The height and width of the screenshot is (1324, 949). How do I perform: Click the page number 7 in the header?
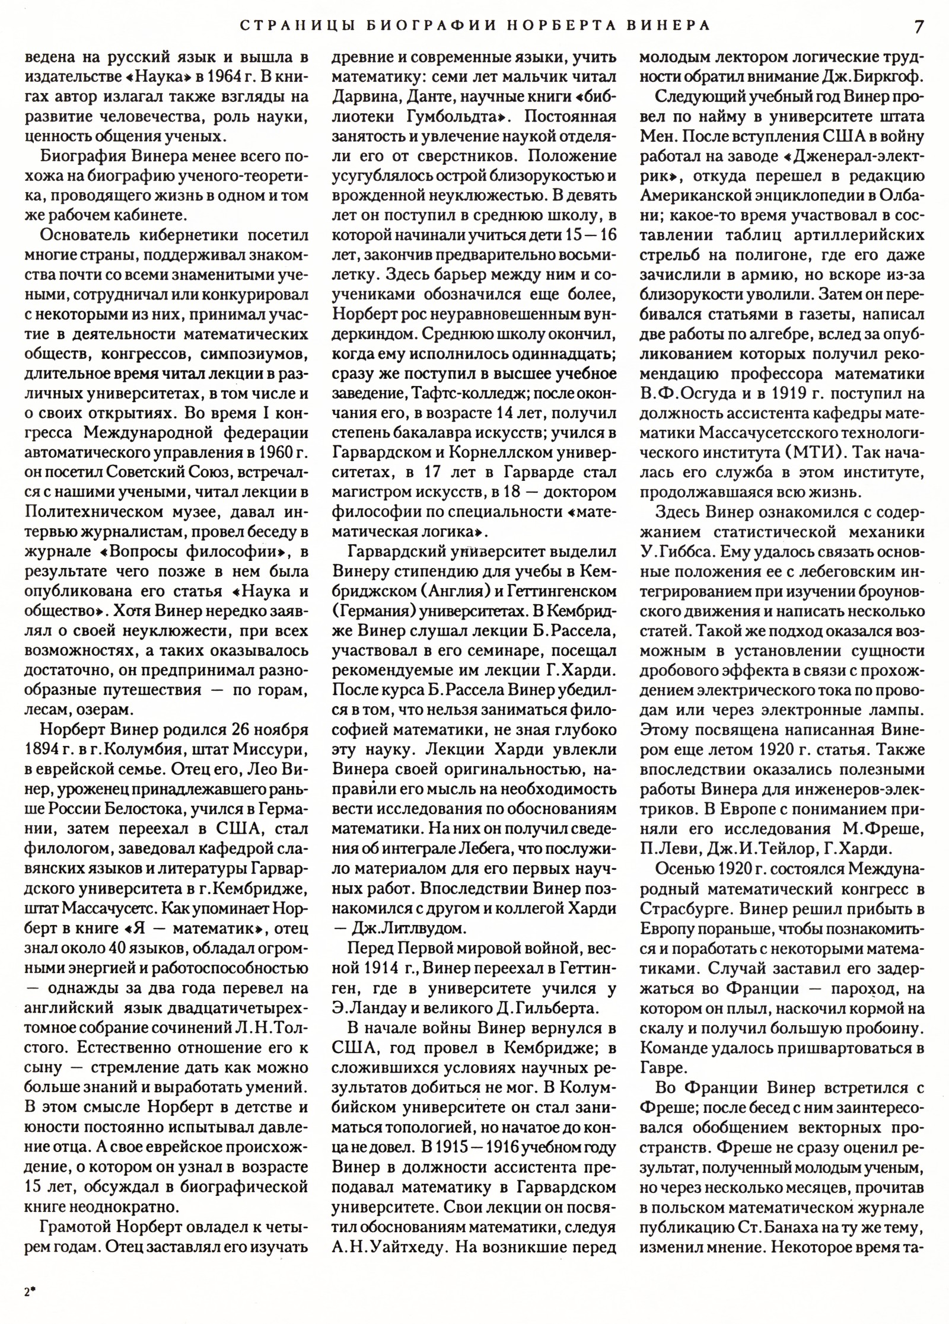pyautogui.click(x=919, y=27)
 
